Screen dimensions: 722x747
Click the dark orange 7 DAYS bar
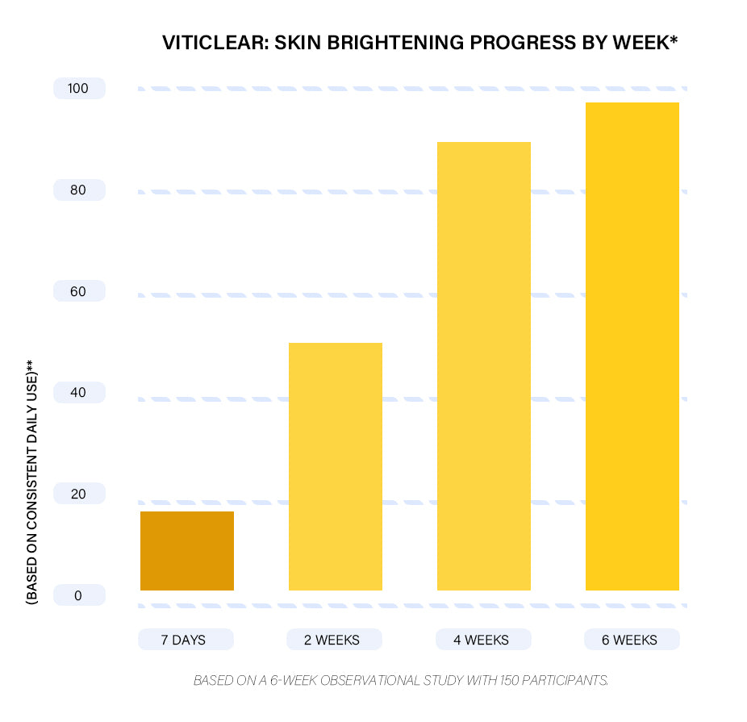pyautogui.click(x=187, y=551)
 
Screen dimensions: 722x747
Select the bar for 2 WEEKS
pyautogui.click(x=336, y=466)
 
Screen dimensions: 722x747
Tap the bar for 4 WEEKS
pyautogui.click(x=484, y=366)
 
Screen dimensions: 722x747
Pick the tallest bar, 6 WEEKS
pyautogui.click(x=632, y=346)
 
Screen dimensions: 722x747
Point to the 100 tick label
pyautogui.click(x=78, y=89)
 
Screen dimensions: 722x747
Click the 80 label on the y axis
pyautogui.click(x=78, y=190)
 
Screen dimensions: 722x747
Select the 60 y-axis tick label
pyautogui.click(x=78, y=291)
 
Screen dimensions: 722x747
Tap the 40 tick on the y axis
pyautogui.click(x=78, y=393)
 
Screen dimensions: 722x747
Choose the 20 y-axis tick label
pyautogui.click(x=78, y=494)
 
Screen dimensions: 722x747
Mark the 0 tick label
pyautogui.click(x=78, y=595)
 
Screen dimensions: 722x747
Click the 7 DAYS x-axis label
pyautogui.click(x=184, y=640)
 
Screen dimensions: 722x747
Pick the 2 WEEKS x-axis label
pyautogui.click(x=332, y=640)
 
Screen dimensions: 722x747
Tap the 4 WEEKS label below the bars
pyautogui.click(x=482, y=640)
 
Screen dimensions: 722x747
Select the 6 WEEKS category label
pyautogui.click(x=630, y=640)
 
